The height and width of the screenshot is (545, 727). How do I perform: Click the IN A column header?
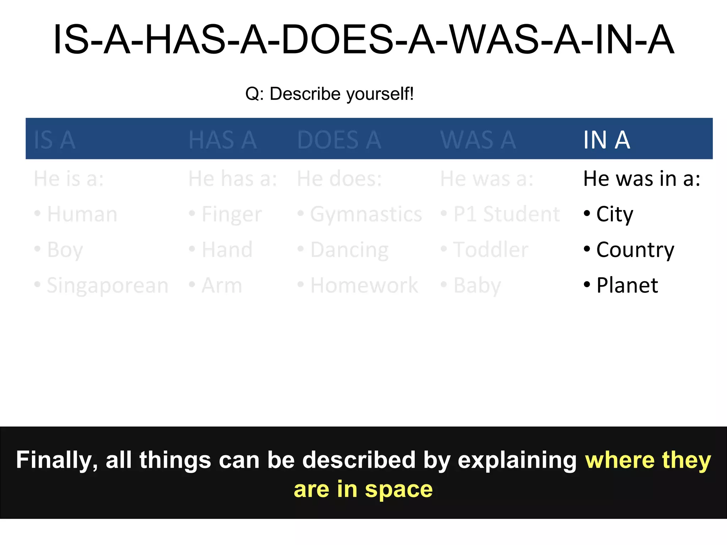(607, 140)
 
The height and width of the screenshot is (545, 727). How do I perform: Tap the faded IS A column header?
(54, 140)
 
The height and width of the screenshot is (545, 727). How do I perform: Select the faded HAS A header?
(223, 140)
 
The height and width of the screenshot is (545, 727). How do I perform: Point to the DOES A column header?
(339, 140)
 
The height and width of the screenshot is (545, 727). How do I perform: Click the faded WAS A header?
(478, 140)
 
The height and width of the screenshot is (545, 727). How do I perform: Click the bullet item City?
(614, 214)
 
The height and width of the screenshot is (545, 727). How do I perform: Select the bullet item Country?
(635, 250)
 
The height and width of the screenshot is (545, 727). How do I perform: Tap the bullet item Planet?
(627, 285)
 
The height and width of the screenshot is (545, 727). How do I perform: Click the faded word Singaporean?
(107, 286)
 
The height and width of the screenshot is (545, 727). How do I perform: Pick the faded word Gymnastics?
(366, 214)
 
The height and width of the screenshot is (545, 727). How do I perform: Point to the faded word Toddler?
(491, 250)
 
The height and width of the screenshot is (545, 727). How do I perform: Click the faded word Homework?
(364, 285)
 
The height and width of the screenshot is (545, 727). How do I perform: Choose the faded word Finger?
(231, 214)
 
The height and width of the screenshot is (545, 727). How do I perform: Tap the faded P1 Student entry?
(506, 214)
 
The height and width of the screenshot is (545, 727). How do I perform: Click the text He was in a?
(641, 178)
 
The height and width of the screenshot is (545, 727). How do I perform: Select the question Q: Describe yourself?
(329, 94)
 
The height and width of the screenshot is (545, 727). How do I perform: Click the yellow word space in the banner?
(399, 489)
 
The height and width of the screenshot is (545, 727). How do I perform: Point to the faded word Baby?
(477, 286)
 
